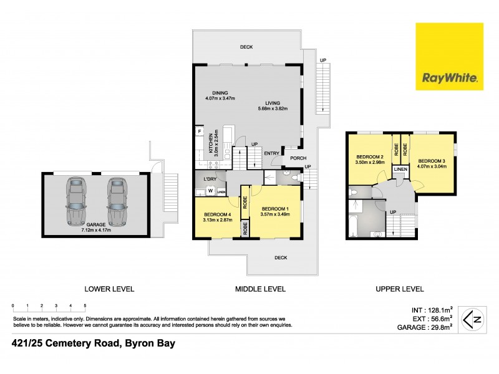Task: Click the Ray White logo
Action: [x=450, y=55]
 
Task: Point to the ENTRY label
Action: [x=271, y=153]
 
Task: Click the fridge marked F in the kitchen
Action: [x=200, y=132]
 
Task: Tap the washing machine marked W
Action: [x=211, y=191]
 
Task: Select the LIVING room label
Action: [x=273, y=103]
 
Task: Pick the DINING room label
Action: [x=219, y=93]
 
